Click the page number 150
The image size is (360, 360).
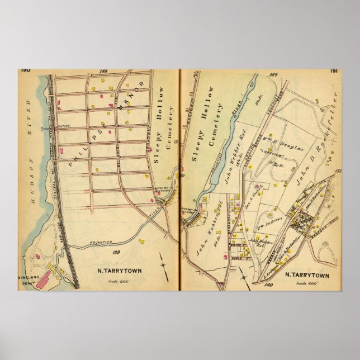click(25, 70)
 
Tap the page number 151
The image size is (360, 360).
click(333, 70)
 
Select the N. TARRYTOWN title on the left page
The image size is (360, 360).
click(116, 272)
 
